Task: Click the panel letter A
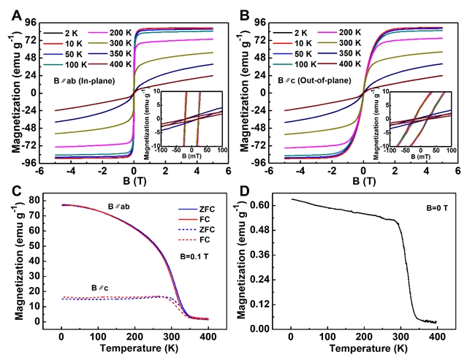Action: (x=16, y=11)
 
